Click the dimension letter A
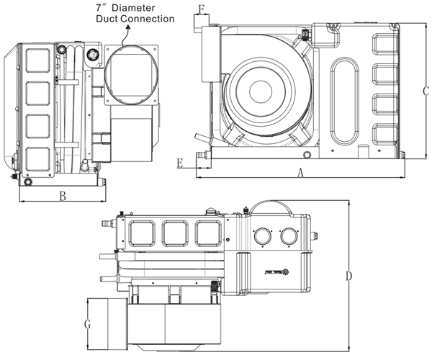coord(301,172)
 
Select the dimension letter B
coord(63,195)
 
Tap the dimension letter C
coord(426,91)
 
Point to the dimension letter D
coord(348,276)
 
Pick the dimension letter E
coord(179,163)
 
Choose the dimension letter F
coord(202,9)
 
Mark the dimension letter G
coord(87,324)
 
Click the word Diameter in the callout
coord(151,7)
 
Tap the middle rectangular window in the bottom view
coord(175,233)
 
